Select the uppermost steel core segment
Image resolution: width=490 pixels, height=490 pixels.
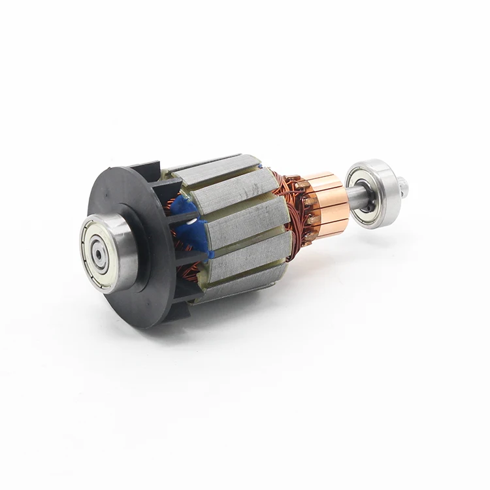[x=216, y=170]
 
